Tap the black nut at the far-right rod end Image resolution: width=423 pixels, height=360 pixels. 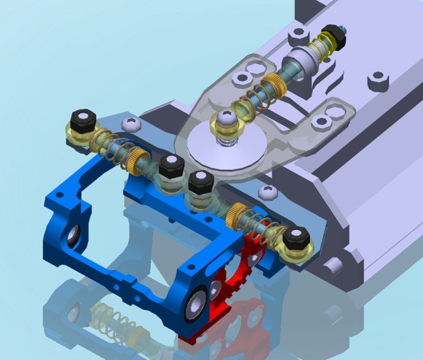[299, 238]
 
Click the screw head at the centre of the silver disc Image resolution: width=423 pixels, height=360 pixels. [226, 119]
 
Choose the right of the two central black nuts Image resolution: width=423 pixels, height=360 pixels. [202, 182]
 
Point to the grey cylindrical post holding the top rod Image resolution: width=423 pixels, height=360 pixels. [300, 64]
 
